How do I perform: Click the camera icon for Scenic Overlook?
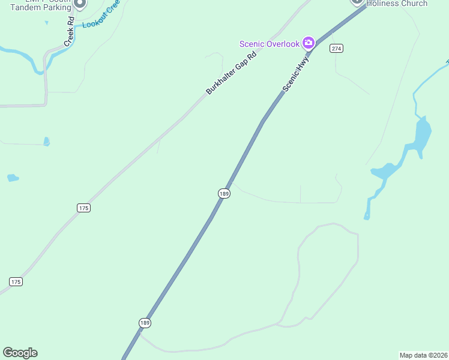point(309,42)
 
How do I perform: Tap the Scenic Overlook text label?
point(269,43)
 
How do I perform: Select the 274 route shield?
point(336,48)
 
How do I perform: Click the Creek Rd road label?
point(69,32)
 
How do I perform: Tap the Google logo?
point(20,353)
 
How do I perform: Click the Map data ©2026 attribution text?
point(423,355)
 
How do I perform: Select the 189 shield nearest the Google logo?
point(144,323)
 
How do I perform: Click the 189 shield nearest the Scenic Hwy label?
point(224,193)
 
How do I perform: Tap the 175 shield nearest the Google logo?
point(16,281)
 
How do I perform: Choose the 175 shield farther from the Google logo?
point(83,208)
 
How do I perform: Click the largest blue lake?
point(423,134)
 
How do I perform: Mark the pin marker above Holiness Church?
point(357,2)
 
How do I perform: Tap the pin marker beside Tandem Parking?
point(80,3)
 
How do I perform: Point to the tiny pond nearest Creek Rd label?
point(46,23)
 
